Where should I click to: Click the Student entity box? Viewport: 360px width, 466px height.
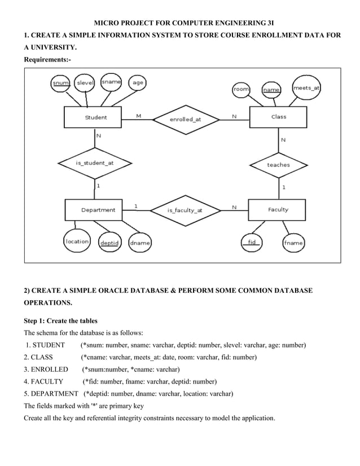pyautogui.click(x=95, y=117)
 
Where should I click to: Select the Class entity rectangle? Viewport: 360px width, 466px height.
pyautogui.click(x=278, y=117)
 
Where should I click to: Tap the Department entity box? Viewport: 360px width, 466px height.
pyautogui.click(x=98, y=210)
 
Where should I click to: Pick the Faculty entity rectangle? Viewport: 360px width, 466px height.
pyautogui.click(x=278, y=210)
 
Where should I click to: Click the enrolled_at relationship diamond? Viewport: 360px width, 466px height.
pyautogui.click(x=185, y=119)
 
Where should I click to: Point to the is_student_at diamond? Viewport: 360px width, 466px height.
pyautogui.click(x=94, y=162)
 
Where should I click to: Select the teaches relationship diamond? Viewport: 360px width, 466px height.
pyautogui.click(x=278, y=165)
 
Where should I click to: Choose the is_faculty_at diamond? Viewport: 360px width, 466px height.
pyautogui.click(x=185, y=210)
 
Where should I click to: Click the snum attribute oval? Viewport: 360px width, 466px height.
pyautogui.click(x=61, y=83)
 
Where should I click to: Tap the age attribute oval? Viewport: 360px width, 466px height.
pyautogui.click(x=138, y=83)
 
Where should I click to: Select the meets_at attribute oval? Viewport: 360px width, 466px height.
pyautogui.click(x=306, y=87)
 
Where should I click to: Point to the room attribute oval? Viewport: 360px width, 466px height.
pyautogui.click(x=242, y=89)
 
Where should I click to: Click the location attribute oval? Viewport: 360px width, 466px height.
pyautogui.click(x=77, y=241)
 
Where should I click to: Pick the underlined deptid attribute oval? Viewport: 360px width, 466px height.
pyautogui.click(x=109, y=243)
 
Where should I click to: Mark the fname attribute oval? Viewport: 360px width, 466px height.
pyautogui.click(x=293, y=243)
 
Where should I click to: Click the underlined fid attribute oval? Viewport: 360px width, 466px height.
pyautogui.click(x=252, y=243)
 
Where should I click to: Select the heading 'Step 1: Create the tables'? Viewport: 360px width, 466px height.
pyautogui.click(x=60, y=321)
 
